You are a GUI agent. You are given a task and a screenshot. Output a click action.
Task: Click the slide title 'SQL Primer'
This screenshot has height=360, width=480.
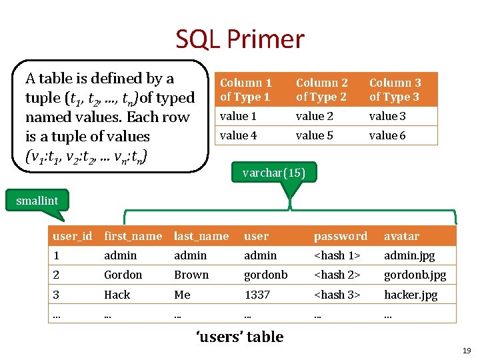pyautogui.click(x=240, y=40)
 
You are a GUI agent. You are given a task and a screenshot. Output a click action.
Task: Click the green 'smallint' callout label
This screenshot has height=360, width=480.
pyautogui.click(x=37, y=200)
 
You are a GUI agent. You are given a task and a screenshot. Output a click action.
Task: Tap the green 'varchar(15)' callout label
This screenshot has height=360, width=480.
pyautogui.click(x=274, y=173)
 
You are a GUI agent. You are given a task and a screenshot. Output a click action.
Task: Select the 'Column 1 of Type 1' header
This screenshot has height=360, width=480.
pyautogui.click(x=246, y=89)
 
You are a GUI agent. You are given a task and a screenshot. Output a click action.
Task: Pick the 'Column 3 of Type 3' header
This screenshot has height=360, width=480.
pyautogui.click(x=395, y=89)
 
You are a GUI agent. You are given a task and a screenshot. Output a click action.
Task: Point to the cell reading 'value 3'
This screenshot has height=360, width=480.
pyautogui.click(x=387, y=116)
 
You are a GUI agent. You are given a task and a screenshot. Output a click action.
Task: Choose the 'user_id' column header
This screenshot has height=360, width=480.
pyautogui.click(x=73, y=236)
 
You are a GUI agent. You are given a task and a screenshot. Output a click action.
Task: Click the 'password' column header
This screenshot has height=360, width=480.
pyautogui.click(x=341, y=236)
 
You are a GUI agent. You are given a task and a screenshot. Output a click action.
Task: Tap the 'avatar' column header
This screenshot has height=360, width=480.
pyautogui.click(x=402, y=236)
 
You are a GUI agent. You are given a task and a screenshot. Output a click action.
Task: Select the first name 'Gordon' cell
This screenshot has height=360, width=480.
pyautogui.click(x=123, y=275)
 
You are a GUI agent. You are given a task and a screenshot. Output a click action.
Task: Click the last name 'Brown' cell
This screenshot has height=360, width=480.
pyautogui.click(x=191, y=275)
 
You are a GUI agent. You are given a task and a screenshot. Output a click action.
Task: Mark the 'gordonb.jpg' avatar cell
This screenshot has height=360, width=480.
pyautogui.click(x=415, y=275)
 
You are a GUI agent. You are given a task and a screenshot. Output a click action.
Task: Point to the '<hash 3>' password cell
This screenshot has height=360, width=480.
pyautogui.click(x=337, y=294)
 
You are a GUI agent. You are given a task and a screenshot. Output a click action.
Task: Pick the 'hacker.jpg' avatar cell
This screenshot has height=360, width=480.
pyautogui.click(x=411, y=294)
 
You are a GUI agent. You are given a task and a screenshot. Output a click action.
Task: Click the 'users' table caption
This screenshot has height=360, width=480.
pyautogui.click(x=239, y=337)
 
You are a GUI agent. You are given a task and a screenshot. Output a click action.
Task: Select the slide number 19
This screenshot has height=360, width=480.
pyautogui.click(x=467, y=351)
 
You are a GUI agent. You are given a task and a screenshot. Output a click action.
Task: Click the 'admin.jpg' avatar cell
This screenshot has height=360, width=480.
pyautogui.click(x=408, y=255)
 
